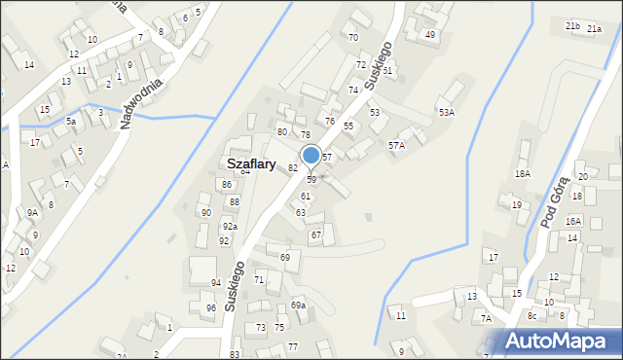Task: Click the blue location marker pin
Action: click(x=311, y=156)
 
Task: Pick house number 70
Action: click(x=352, y=38)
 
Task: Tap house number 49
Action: click(x=430, y=35)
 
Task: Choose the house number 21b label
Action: click(x=573, y=26)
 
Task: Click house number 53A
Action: click(x=446, y=113)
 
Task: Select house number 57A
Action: click(x=396, y=145)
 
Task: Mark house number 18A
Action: click(x=523, y=173)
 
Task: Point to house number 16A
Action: click(x=573, y=222)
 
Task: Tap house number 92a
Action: click(x=229, y=227)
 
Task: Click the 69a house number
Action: click(x=298, y=306)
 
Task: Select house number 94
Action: click(x=216, y=283)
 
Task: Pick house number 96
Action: click(x=210, y=308)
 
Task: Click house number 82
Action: click(x=292, y=168)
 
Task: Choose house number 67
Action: click(x=315, y=235)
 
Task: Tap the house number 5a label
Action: click(x=71, y=122)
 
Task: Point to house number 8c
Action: click(x=531, y=316)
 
